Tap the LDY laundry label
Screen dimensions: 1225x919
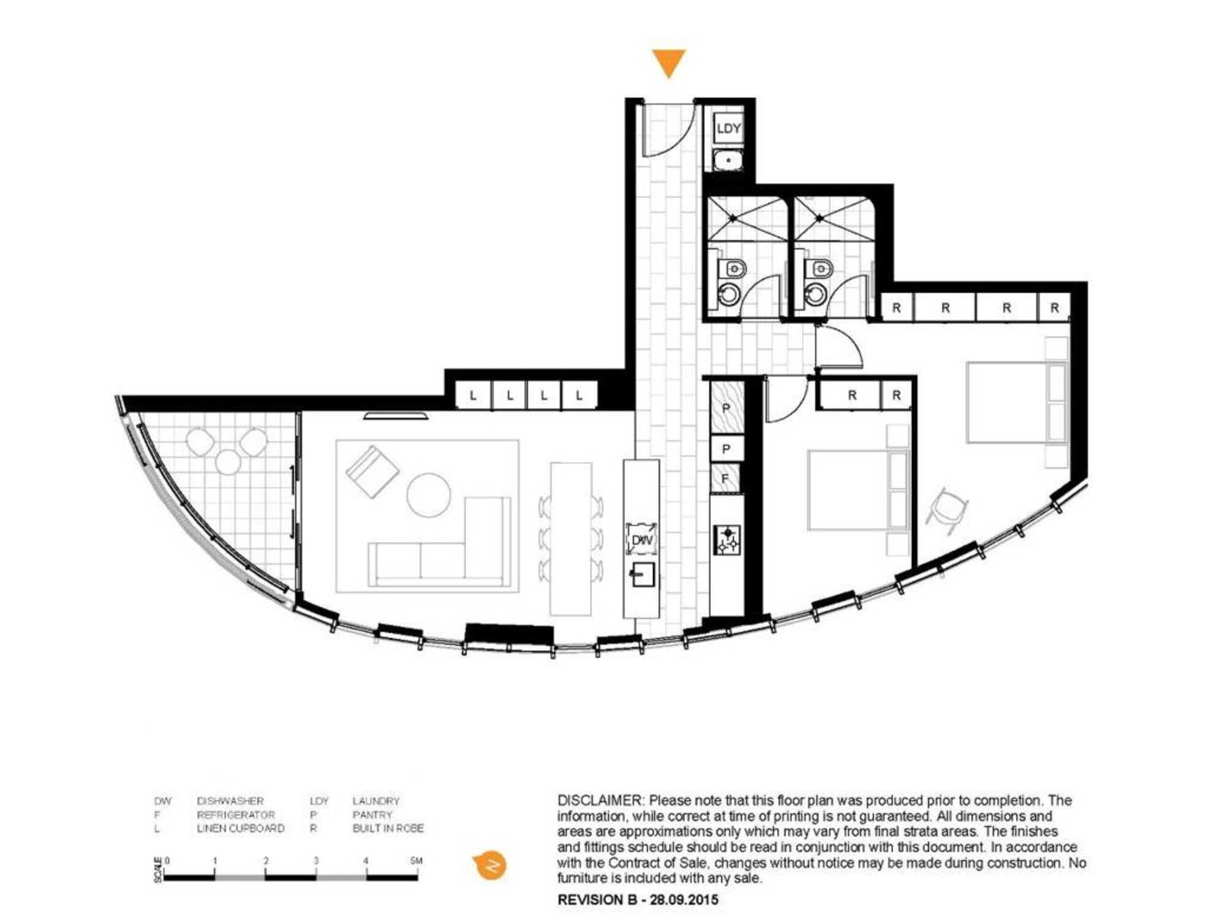coord(728,129)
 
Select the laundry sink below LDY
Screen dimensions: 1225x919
coord(728,161)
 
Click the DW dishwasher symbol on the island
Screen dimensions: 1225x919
coord(641,540)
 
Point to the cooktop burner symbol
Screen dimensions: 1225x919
coord(728,540)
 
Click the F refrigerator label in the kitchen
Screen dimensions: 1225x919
coord(725,478)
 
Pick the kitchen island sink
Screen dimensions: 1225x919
coord(643,575)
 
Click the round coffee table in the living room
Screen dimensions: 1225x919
coord(429,495)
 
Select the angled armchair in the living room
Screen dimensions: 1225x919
coord(372,471)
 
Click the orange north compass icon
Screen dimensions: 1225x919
coord(490,866)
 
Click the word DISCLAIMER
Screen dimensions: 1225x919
coord(600,800)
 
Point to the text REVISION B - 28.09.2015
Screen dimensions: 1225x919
coord(638,900)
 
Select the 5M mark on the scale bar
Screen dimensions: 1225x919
coord(417,861)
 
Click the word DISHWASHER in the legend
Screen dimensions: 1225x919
coord(230,801)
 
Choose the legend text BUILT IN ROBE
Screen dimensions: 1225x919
coord(388,828)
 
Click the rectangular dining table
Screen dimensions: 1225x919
coord(571,539)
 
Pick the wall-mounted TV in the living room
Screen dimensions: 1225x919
coord(396,415)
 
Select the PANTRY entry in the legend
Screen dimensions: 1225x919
coord(372,815)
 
